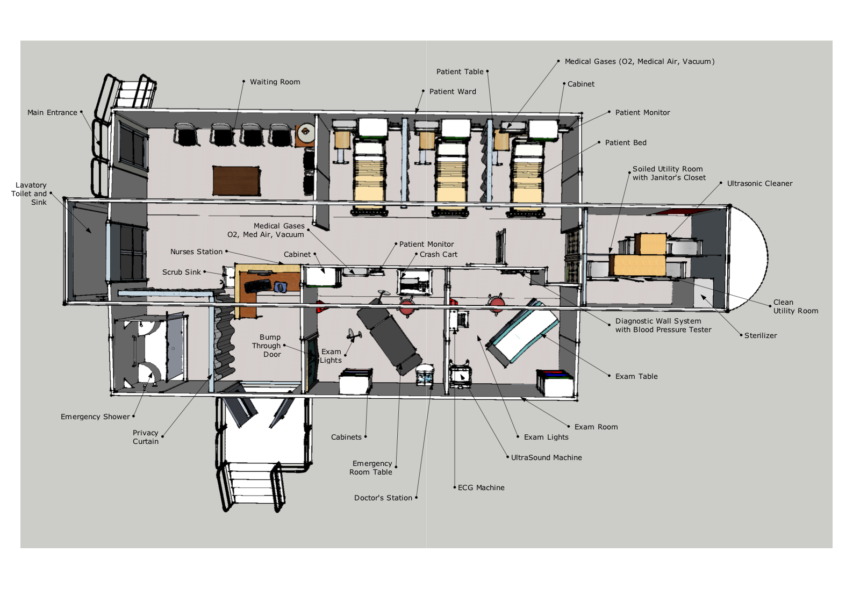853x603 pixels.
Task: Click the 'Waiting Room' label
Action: (x=275, y=82)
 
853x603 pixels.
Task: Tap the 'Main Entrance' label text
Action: (x=52, y=112)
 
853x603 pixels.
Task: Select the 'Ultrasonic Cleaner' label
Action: (x=759, y=183)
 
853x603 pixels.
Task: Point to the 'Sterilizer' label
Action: (x=761, y=335)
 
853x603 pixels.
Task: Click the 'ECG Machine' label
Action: (x=481, y=487)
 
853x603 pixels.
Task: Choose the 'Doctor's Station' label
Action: (x=383, y=498)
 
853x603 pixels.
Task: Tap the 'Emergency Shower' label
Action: (x=95, y=417)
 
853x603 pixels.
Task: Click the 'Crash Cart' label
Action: (x=438, y=254)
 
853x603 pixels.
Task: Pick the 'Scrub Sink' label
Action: (x=181, y=272)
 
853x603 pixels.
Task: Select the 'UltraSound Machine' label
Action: (x=547, y=457)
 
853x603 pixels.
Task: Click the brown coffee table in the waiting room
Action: (x=236, y=181)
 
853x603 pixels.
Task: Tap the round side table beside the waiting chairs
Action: (x=306, y=132)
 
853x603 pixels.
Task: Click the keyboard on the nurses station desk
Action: (x=258, y=285)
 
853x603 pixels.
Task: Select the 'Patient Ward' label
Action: (x=453, y=91)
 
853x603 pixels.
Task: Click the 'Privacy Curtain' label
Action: (x=146, y=437)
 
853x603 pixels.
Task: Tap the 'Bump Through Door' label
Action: (x=266, y=346)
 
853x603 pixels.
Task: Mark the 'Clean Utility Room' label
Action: (x=795, y=306)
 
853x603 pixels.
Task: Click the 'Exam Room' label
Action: (x=596, y=427)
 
